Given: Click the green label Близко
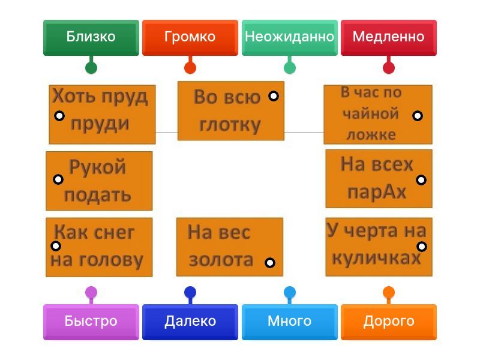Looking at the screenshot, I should coord(91,37).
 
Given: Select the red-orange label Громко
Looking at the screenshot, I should coord(190,37).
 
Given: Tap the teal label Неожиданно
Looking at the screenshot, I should coord(289,37).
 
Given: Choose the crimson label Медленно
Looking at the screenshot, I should coord(388,37).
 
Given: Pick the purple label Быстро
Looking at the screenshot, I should coord(91,322).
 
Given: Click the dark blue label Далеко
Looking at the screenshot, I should coord(190,322).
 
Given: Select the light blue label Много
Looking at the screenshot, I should coord(289,322).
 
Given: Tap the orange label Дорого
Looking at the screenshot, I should coord(388,322).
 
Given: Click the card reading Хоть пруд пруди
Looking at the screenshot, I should coord(102,114).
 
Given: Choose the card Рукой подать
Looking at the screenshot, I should coord(99,181).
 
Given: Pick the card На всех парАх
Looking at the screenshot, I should coord(379,178).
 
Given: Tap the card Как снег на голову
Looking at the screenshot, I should coord(99,247).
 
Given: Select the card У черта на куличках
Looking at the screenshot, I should coord(379,247).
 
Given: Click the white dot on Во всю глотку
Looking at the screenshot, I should coord(273,96).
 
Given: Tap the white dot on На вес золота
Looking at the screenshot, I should coord(270,262).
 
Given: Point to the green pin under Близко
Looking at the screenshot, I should coord(91,68).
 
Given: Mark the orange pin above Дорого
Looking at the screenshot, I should coord(388,292).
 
